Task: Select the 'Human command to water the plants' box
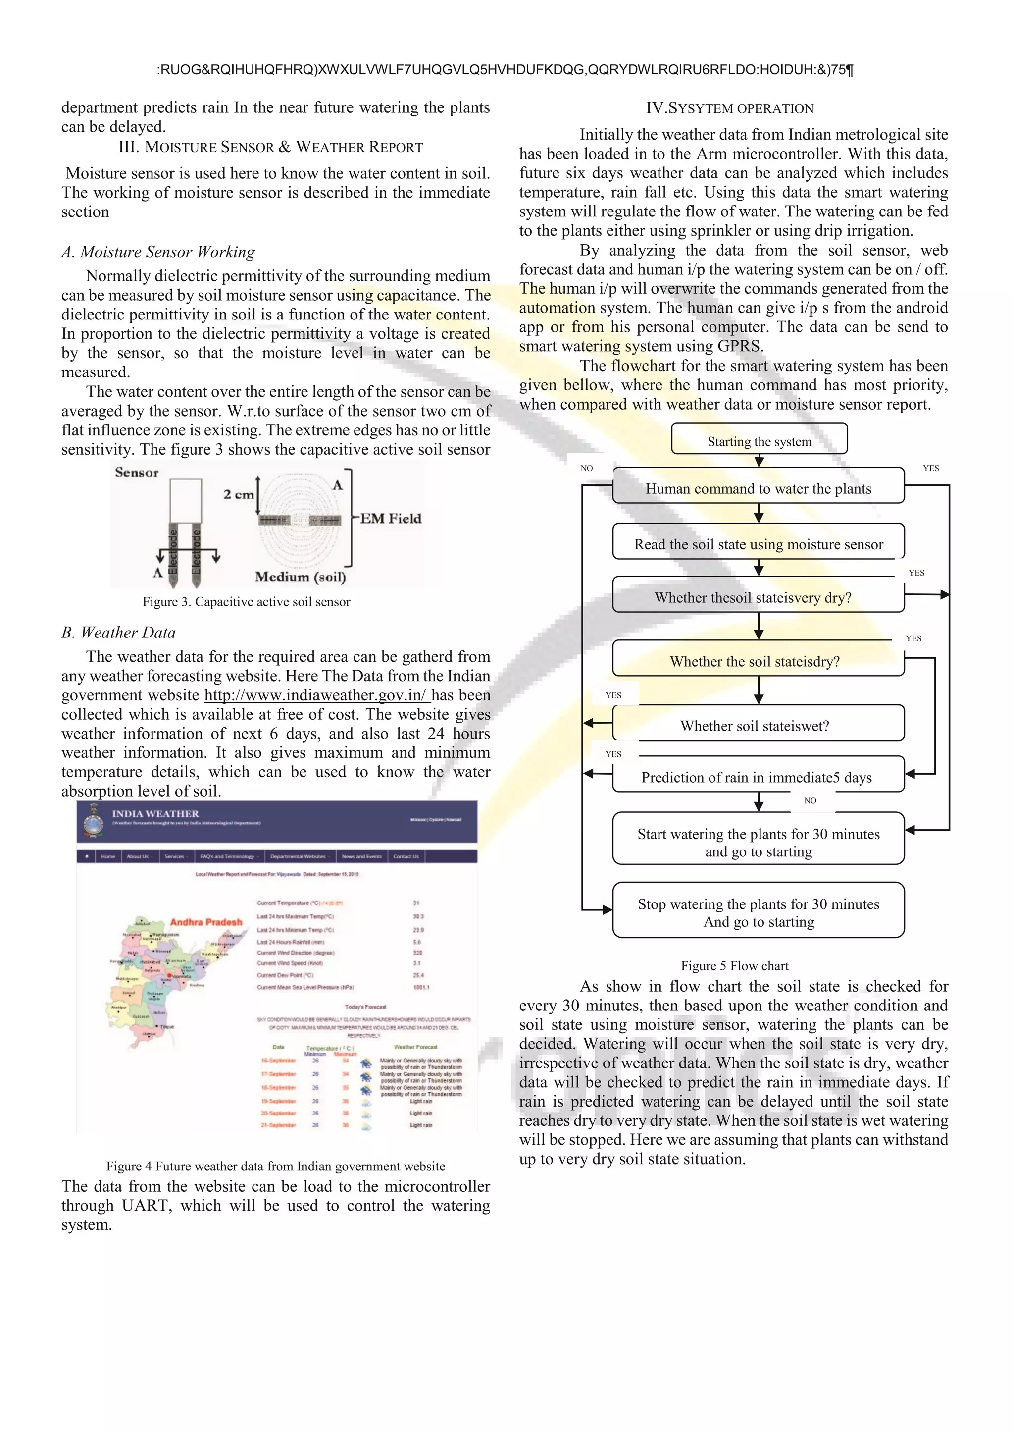pos(758,488)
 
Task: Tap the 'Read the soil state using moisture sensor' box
pos(758,543)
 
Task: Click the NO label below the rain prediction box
pos(810,800)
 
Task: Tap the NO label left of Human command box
pos(586,468)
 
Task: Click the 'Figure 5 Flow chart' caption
pos(734,965)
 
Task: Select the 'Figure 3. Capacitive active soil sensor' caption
pos(246,601)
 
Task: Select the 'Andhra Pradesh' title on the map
pos(205,922)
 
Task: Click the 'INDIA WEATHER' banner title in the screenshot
pos(155,813)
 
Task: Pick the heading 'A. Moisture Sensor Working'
pos(158,252)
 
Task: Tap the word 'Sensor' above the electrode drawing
pos(137,472)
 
